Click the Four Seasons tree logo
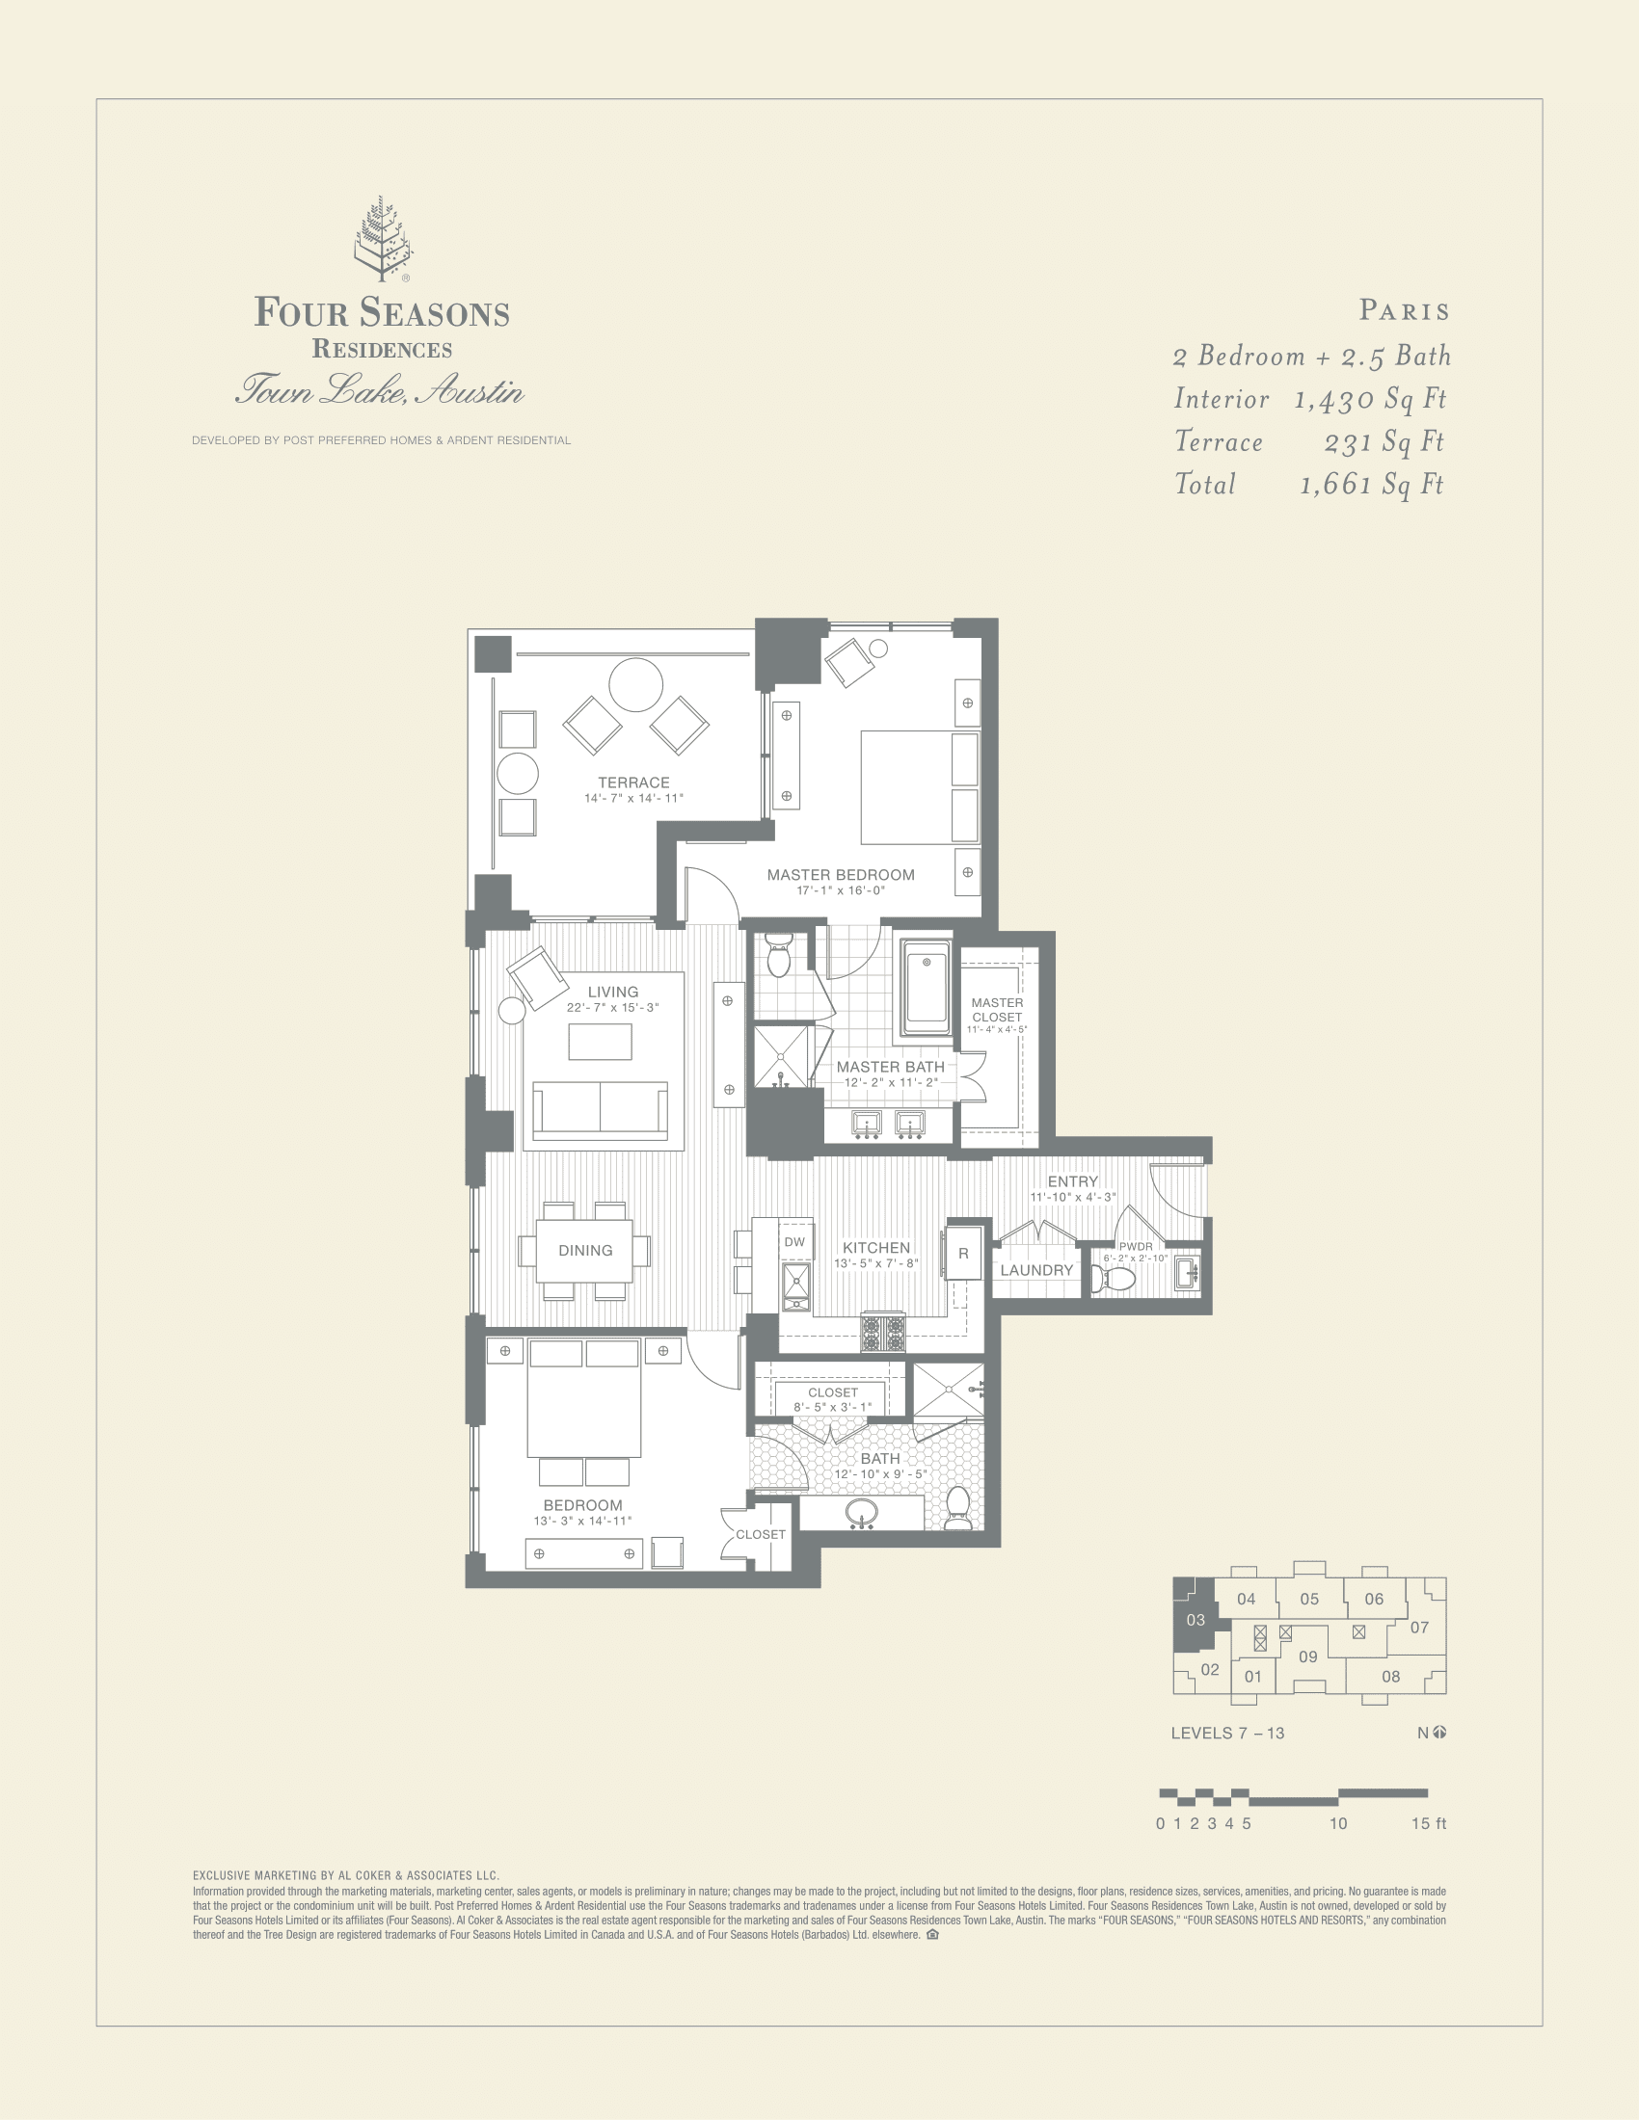pos(382,239)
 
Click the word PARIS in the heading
pos(1404,311)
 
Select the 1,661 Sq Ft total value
pos(1371,485)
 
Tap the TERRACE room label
pos(633,782)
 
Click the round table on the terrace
pos(636,685)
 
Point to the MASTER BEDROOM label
pos(840,875)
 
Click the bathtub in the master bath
pos(926,987)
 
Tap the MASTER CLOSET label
pos(997,1010)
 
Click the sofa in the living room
pos(600,1109)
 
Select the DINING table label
pos(584,1250)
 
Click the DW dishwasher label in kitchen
pos(794,1241)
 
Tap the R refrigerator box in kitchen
pos(963,1253)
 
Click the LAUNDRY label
pos(1036,1270)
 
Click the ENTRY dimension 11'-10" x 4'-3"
pos(1072,1197)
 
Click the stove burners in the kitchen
pos(882,1332)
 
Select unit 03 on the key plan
pos(1196,1619)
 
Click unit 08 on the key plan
pos(1390,1677)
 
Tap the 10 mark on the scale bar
pos(1338,1823)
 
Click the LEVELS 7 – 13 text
pos(1226,1733)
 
